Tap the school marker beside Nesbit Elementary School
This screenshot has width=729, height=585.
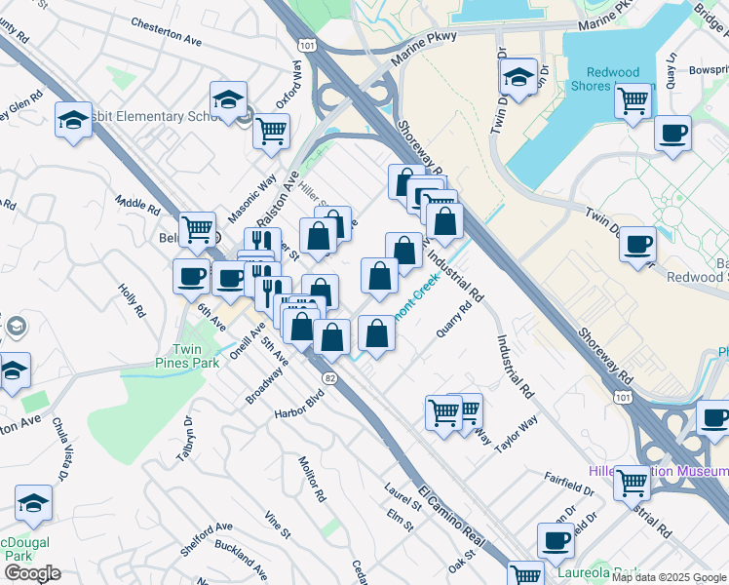pos(228,99)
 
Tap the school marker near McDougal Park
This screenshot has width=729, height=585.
pos(33,502)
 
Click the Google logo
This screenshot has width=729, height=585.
pos(31,572)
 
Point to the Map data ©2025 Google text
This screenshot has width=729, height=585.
pos(668,577)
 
